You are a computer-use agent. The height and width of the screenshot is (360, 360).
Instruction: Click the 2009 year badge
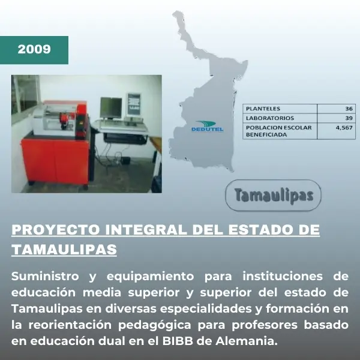[34, 49]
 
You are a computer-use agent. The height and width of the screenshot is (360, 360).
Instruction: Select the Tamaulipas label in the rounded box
[274, 196]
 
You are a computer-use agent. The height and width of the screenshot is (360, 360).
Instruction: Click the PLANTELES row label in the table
[263, 109]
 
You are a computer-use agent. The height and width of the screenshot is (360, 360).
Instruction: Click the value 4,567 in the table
[345, 127]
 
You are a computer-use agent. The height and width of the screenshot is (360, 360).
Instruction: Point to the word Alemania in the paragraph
[251, 341]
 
